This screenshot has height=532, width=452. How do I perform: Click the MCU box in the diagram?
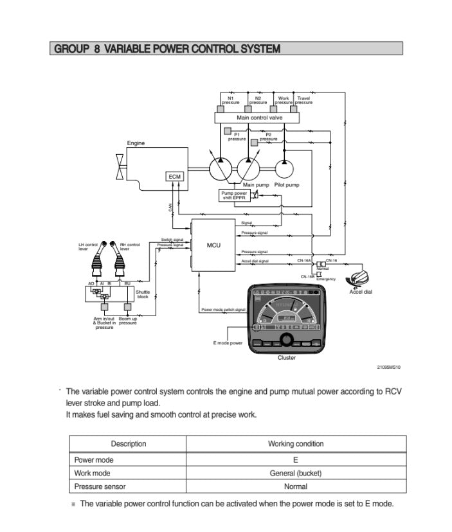pos(213,245)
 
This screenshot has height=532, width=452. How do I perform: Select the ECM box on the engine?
pos(175,176)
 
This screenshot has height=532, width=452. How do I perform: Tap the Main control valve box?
pos(259,118)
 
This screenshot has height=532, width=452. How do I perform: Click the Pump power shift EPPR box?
pos(235,195)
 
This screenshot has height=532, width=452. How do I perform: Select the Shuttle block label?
pos(143,294)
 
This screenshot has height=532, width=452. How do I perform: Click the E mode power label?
pos(228,343)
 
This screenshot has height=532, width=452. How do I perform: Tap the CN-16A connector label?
pos(304,262)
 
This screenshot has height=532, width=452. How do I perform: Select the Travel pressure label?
pos(303,100)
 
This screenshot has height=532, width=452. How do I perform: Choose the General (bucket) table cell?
pos(295,474)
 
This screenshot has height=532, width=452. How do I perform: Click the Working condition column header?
pos(295,444)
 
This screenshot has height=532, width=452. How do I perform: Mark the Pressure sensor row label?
pos(100,487)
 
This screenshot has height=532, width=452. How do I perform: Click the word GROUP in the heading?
pos(71,49)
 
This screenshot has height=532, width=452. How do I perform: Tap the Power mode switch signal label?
pos(223,310)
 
